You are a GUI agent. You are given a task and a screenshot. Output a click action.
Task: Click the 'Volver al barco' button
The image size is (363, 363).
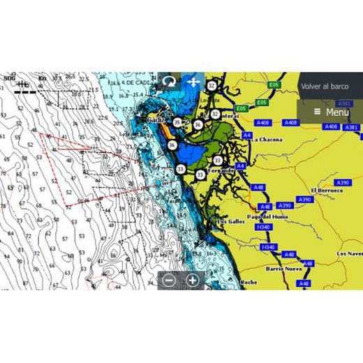[325, 87]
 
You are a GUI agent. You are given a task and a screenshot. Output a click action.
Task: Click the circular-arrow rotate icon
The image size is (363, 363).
[169, 82]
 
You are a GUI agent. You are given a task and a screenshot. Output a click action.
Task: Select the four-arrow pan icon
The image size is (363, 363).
[193, 82]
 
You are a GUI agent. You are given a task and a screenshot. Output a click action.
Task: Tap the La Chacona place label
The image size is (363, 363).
[267, 140]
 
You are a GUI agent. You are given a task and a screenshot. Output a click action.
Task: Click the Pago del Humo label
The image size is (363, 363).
[268, 216]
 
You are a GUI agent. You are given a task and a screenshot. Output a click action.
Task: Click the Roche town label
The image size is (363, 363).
[249, 282]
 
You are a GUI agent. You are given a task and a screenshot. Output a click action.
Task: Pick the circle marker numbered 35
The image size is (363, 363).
[177, 123]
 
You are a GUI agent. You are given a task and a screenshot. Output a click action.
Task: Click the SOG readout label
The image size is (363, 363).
[8, 78]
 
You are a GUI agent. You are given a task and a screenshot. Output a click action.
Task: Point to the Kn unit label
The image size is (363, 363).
[42, 78]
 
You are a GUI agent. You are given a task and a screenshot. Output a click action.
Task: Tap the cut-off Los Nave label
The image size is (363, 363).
[350, 253]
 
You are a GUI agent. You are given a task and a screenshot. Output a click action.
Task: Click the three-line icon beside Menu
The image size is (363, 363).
[317, 112]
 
